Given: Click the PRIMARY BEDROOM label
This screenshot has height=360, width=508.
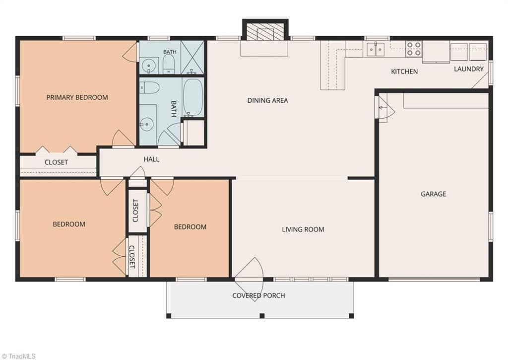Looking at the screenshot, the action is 77,97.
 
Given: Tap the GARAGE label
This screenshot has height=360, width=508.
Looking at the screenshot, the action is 434,194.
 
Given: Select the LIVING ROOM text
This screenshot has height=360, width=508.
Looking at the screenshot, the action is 303,229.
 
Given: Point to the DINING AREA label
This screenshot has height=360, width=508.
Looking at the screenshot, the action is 267,100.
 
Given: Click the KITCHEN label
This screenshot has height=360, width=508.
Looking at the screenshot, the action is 404,72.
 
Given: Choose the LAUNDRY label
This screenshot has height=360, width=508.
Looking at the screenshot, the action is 469,69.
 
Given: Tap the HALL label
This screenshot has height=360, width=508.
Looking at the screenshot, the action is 151,159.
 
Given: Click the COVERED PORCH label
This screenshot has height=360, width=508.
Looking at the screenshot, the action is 258,295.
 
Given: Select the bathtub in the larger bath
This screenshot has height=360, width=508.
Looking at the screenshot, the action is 193,97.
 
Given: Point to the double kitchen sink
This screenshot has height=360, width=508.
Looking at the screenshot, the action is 376,49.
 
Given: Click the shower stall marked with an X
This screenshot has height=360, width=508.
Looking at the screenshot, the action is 192,57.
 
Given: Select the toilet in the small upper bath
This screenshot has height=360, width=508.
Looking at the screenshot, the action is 169,64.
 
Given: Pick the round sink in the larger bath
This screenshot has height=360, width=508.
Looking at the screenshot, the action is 147,124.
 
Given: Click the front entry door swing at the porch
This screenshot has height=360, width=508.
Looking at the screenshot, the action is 249,276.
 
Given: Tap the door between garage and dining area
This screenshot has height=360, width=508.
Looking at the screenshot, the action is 385,108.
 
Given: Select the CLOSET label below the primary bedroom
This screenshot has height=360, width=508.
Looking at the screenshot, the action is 57,162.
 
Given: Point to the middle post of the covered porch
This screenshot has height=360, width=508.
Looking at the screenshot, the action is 262,316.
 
